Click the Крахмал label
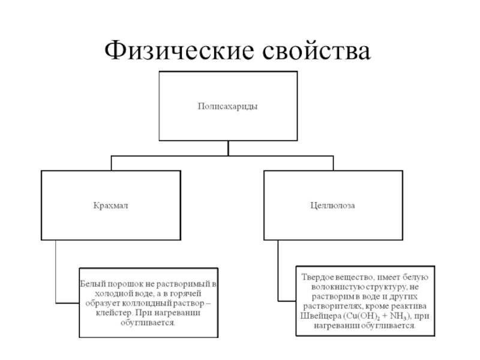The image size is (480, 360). point(110,205)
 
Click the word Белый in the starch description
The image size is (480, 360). point(91,283)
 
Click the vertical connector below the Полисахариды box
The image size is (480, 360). point(227,148)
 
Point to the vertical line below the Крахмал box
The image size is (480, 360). point(55,270)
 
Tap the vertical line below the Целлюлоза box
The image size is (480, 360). point(279,270)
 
